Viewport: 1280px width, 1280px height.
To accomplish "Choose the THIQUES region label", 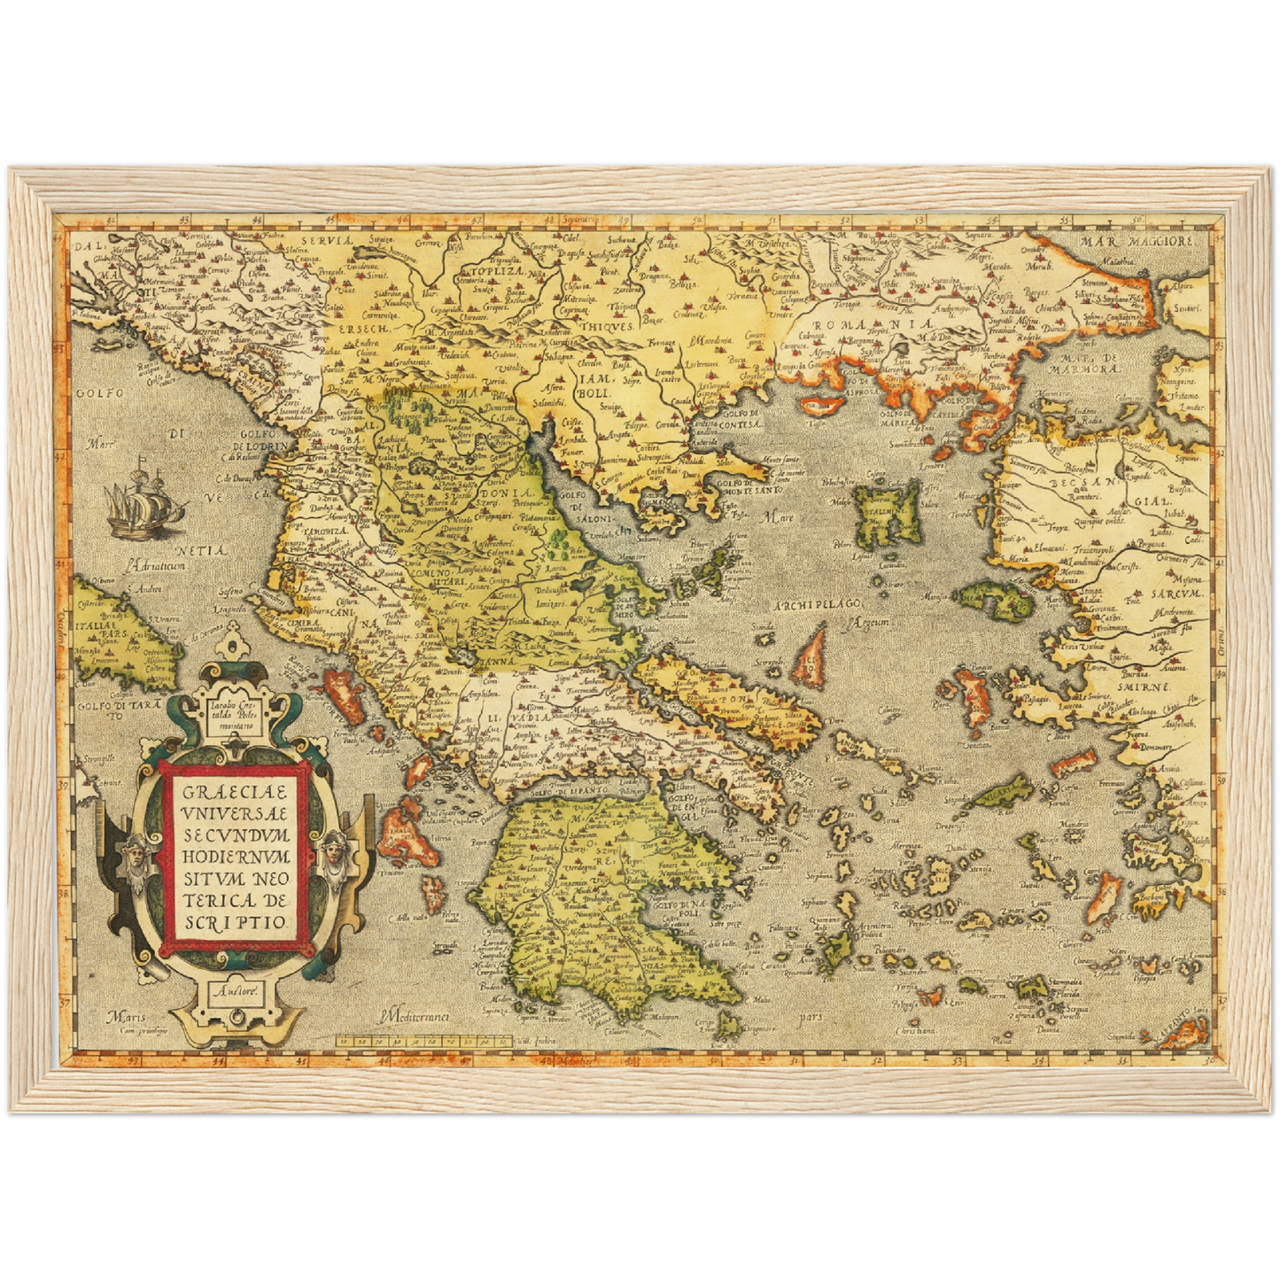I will pos(607,326).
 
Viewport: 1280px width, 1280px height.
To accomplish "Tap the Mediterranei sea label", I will pos(413,1017).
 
